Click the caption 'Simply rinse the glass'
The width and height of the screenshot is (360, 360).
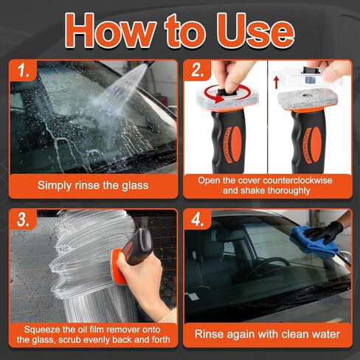pos(92,185)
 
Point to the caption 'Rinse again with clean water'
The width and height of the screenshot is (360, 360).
pos(268,334)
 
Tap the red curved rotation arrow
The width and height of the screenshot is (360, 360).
pos(214,94)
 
